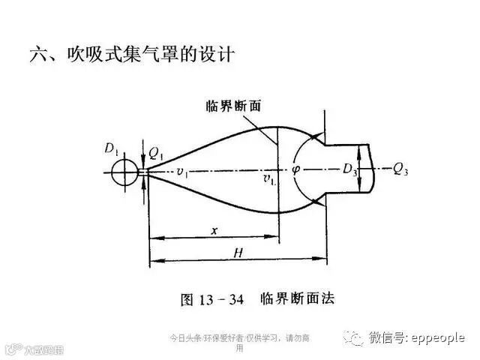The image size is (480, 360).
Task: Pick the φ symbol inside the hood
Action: click(x=296, y=169)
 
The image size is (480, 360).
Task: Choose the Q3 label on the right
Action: click(x=401, y=169)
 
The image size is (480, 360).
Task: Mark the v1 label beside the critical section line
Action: click(x=268, y=180)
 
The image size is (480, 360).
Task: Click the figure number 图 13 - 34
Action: click(x=213, y=298)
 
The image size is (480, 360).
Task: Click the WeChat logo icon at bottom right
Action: click(x=352, y=338)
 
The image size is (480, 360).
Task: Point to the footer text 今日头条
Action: click(x=182, y=337)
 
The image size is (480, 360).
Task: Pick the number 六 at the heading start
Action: click(x=37, y=55)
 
